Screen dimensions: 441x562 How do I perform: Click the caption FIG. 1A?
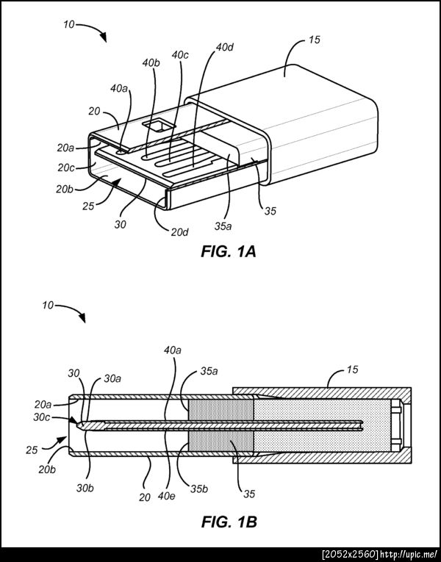coord(229,251)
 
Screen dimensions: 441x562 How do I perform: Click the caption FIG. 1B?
coord(229,522)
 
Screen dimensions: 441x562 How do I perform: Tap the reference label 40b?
coord(151,63)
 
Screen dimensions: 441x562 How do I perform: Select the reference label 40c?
coord(180,55)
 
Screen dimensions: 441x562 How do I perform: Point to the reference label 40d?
coord(225,47)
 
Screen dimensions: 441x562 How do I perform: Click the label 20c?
coord(66,167)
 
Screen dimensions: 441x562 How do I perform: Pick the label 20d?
coord(179,232)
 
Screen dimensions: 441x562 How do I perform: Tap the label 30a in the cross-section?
coord(112,378)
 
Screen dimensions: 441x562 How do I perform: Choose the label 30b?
coord(85,488)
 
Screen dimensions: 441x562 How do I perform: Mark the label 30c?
coord(42,417)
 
